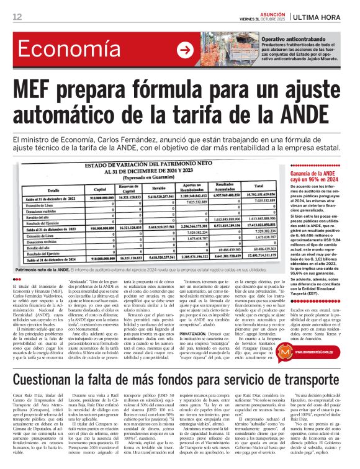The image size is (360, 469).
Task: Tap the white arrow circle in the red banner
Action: coord(184,50)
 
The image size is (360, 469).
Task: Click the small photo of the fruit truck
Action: coord(221,49)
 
